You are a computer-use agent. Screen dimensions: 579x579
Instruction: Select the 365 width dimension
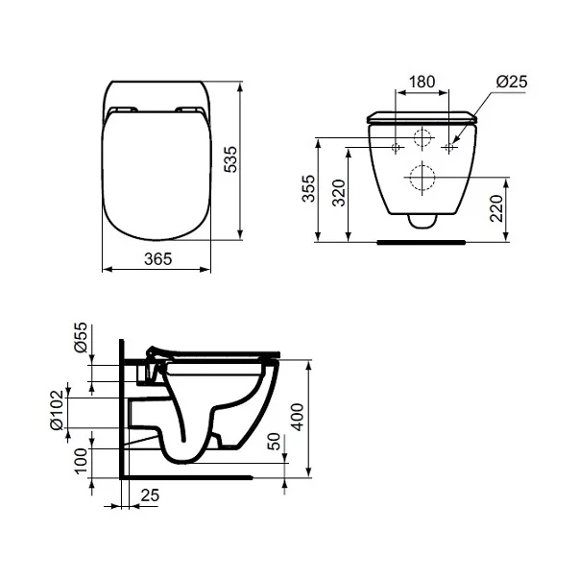pyautogui.click(x=157, y=258)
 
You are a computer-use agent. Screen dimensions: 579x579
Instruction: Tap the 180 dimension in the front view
pyautogui.click(x=423, y=83)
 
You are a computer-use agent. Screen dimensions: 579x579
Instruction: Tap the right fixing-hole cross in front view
pyautogui.click(x=448, y=147)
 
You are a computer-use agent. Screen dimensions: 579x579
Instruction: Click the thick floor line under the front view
pyautogui.click(x=421, y=242)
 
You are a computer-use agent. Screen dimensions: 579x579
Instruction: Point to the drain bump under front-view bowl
pyautogui.click(x=421, y=221)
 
